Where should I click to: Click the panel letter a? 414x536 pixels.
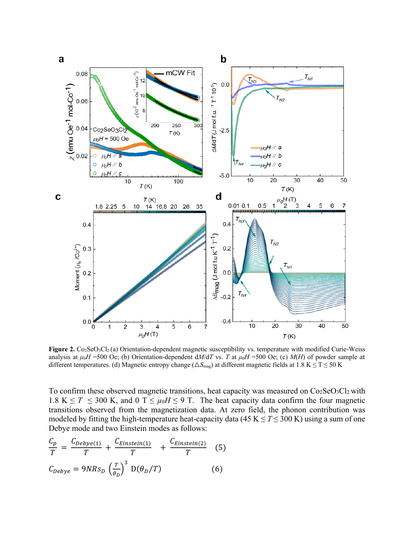tap(61, 59)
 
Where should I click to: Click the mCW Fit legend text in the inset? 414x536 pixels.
tap(180, 73)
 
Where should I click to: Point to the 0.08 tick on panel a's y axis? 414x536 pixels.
tap(82, 74)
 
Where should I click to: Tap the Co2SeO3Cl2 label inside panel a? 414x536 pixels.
tap(110, 130)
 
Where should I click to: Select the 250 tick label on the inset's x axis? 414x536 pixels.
tap(176, 126)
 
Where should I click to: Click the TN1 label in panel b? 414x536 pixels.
tap(308, 77)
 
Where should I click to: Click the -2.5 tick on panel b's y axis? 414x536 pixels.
tap(224, 130)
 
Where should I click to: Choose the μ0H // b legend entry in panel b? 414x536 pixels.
tap(271, 156)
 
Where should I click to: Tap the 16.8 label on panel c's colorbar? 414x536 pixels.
tap(161, 207)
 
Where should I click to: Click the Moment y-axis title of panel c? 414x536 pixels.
tap(77, 267)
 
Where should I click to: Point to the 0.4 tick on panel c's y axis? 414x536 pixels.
tap(87, 225)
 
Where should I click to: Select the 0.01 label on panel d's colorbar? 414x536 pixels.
tap(233, 206)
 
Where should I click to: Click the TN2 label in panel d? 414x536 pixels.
tap(274, 243)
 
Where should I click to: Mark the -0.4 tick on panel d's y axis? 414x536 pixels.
tap(226, 321)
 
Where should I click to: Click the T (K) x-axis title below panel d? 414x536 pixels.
tap(289, 336)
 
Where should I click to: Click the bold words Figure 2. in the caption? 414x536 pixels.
tap(62, 349)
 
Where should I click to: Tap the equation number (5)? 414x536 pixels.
tap(220, 448)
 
